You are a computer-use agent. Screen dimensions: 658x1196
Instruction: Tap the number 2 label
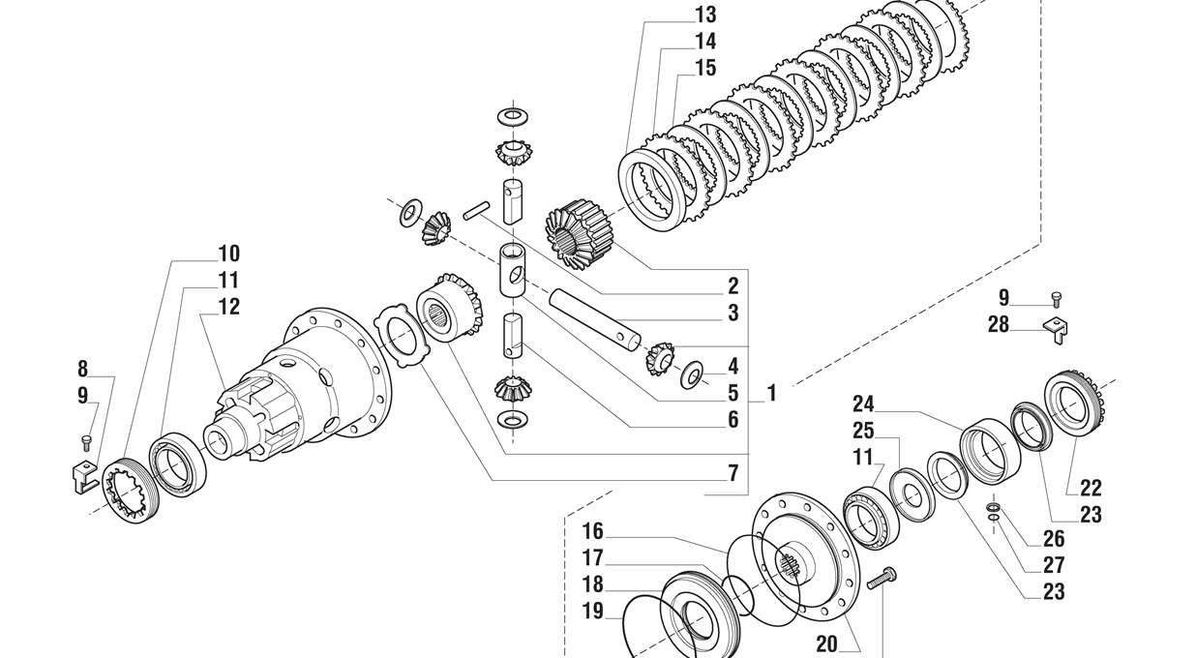[x=733, y=286]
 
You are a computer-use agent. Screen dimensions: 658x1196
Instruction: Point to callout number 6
[x=733, y=420]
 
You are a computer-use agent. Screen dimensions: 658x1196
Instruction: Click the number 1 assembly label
[x=771, y=394]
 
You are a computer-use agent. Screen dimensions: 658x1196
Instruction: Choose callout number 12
[x=228, y=307]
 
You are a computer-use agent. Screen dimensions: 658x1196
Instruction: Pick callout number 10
[x=228, y=254]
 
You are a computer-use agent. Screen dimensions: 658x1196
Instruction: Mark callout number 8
[x=82, y=369]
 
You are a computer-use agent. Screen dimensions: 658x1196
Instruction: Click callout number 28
[x=999, y=325]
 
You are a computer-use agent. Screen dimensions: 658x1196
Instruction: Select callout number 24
[x=863, y=404]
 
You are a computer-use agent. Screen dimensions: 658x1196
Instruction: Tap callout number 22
[x=1091, y=489]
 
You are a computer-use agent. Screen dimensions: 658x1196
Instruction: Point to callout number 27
[x=1054, y=565]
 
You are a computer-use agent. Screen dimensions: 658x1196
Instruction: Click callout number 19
[x=592, y=612]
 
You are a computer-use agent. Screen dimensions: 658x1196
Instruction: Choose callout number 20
[x=826, y=644]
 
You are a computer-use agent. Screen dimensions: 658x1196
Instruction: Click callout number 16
[x=592, y=531]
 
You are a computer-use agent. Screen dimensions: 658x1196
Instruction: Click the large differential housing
[x=310, y=382]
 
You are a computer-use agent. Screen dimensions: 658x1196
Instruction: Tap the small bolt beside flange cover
[x=882, y=580]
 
